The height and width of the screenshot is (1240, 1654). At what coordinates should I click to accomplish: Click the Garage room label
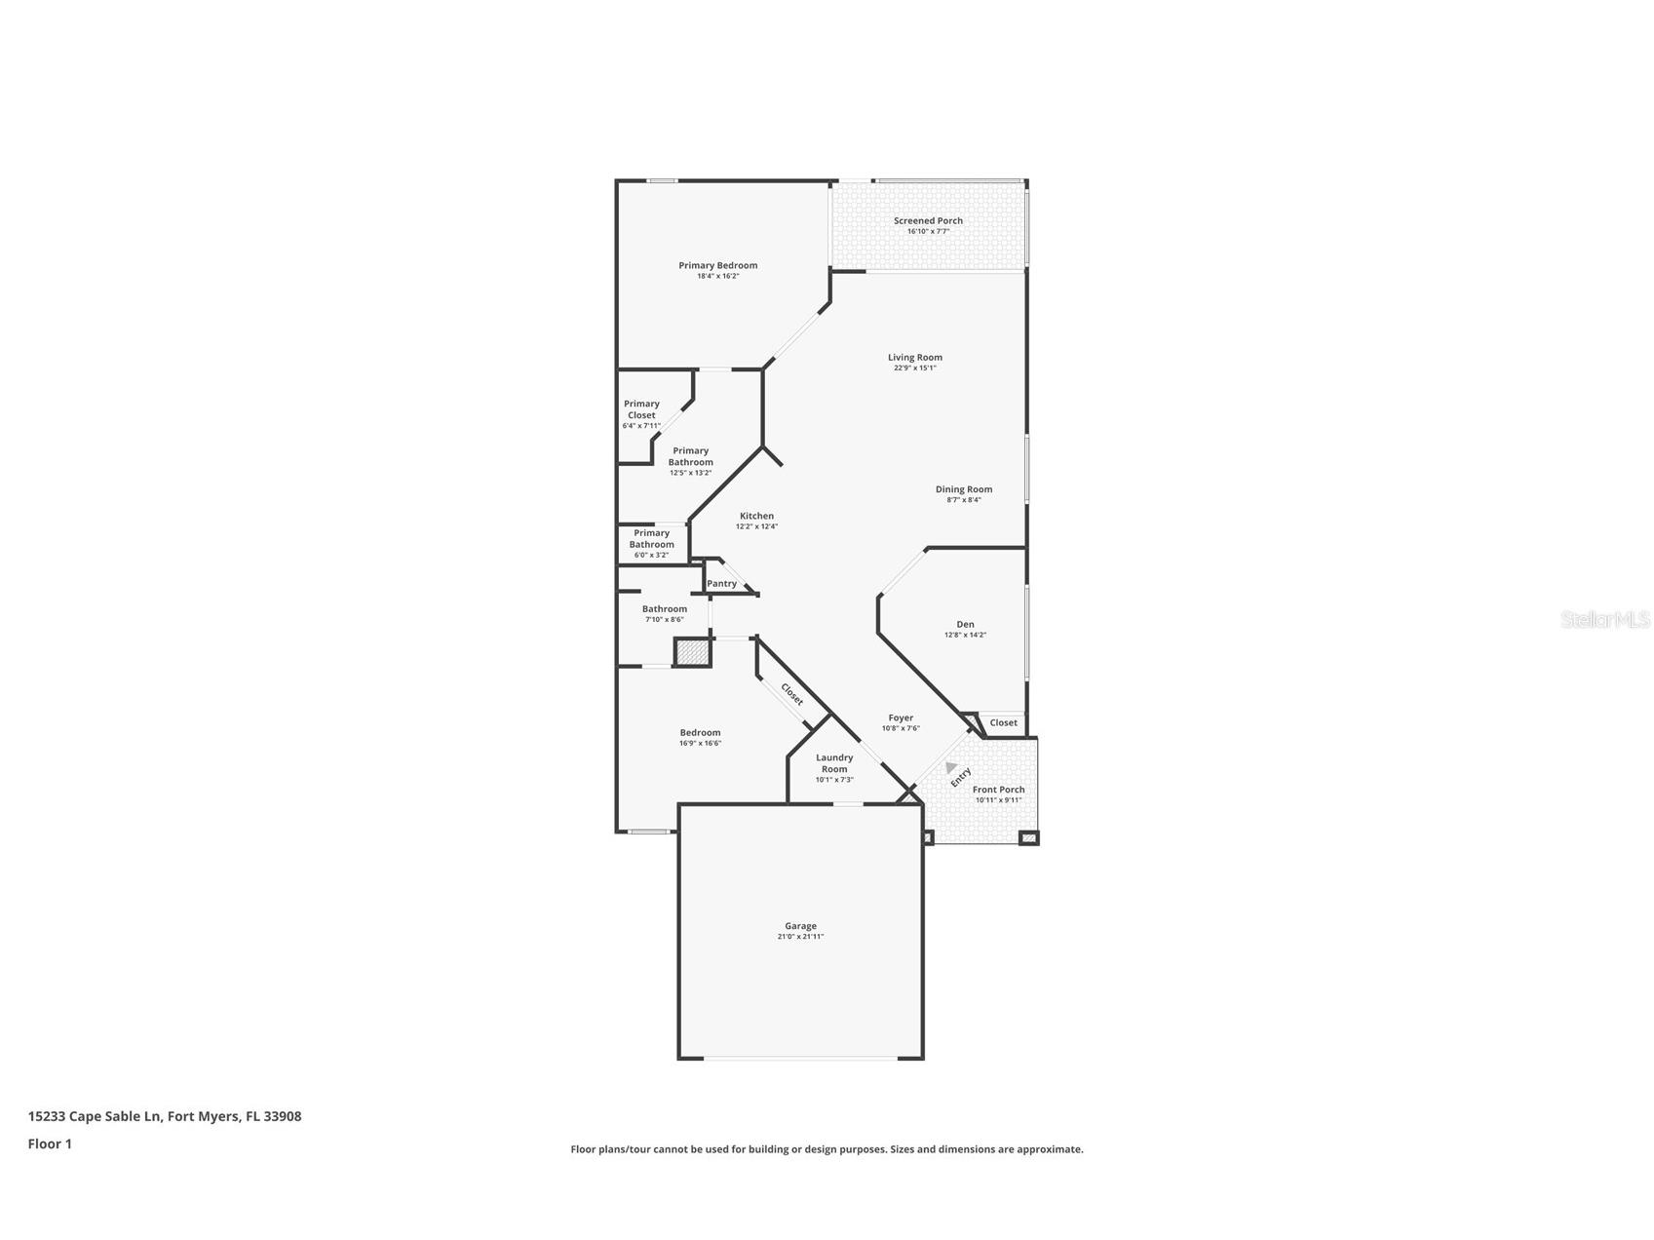(x=800, y=926)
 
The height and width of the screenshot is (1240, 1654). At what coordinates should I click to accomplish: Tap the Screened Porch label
(x=928, y=221)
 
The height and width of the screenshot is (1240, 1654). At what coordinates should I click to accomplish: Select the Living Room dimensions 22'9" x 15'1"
(x=914, y=368)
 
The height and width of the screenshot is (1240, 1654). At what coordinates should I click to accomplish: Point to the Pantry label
(x=721, y=584)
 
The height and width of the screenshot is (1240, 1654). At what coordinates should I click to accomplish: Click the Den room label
(x=965, y=625)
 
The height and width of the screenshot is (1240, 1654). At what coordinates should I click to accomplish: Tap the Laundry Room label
(x=834, y=763)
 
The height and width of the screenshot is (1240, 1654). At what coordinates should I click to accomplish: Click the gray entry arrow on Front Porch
(x=950, y=768)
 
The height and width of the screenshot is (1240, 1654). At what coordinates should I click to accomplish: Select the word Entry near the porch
(x=961, y=777)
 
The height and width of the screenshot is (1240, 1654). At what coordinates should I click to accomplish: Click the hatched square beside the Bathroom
(x=692, y=652)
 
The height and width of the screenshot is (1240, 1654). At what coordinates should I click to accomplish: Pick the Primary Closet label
(x=641, y=409)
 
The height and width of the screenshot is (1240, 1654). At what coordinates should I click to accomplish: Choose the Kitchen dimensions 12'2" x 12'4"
(x=756, y=526)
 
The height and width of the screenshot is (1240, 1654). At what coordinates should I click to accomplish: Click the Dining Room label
(x=964, y=489)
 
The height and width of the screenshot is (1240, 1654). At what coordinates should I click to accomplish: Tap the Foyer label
(x=901, y=717)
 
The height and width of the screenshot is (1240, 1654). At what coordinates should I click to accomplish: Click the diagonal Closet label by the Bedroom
(x=792, y=694)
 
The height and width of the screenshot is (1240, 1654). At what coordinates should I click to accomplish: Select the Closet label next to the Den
(x=1003, y=722)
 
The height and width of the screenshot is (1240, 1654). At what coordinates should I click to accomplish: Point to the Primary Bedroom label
(x=717, y=265)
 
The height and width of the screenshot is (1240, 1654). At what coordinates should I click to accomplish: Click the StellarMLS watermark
(x=1604, y=619)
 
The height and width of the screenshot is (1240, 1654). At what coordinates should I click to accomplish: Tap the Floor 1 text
(x=50, y=1144)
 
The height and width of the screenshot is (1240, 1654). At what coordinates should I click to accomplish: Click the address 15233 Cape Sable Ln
(x=95, y=1116)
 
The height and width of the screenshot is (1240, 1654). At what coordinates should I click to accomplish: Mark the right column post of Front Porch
(x=1028, y=837)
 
